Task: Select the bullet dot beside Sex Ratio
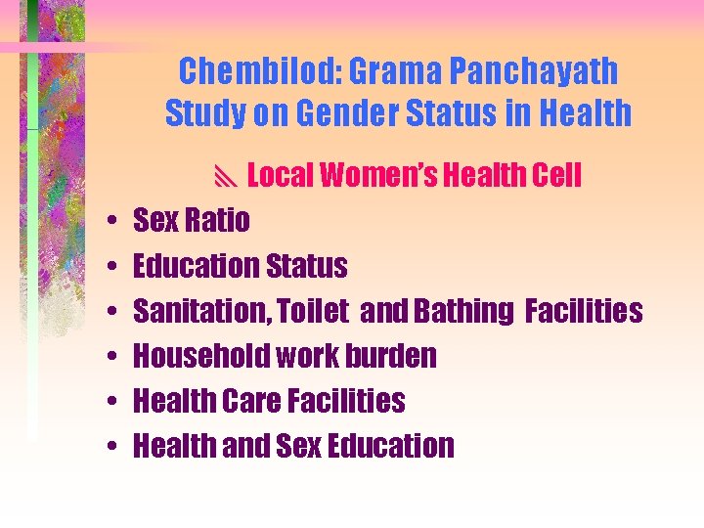pyautogui.click(x=114, y=222)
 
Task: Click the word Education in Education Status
pyautogui.click(x=195, y=266)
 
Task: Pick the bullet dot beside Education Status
pyautogui.click(x=114, y=267)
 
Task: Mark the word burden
pyautogui.click(x=388, y=356)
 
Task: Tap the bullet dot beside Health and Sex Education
pyautogui.click(x=114, y=447)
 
